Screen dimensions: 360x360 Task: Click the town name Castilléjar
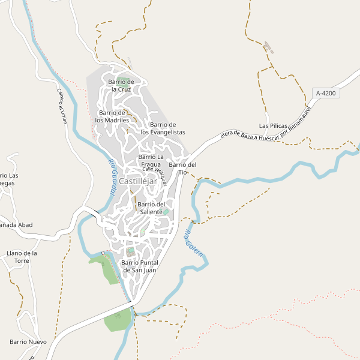click(x=138, y=181)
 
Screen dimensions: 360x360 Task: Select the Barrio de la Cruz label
click(x=120, y=85)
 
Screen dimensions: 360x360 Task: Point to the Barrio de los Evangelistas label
click(x=163, y=128)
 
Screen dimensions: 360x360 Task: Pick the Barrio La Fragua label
click(x=152, y=160)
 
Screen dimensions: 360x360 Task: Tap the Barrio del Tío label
click(x=183, y=168)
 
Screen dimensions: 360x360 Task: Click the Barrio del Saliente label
click(x=151, y=208)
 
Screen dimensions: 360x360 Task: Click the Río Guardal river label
click(x=112, y=177)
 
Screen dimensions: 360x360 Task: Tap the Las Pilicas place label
click(x=273, y=126)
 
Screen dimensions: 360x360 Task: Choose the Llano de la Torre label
click(x=22, y=257)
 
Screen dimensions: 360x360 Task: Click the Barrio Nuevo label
click(x=28, y=341)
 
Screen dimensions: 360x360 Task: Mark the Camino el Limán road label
click(x=61, y=106)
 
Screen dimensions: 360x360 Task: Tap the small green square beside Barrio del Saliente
click(x=166, y=212)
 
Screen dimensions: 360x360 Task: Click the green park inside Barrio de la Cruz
click(x=124, y=82)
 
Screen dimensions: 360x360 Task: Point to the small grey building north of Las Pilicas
click(x=268, y=47)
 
